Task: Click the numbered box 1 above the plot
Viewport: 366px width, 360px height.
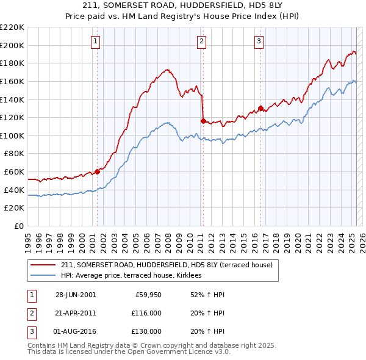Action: tap(96, 41)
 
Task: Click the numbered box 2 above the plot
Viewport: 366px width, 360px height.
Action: tap(201, 41)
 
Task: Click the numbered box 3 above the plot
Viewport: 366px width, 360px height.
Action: tap(259, 41)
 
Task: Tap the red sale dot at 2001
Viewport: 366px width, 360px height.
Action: tap(98, 171)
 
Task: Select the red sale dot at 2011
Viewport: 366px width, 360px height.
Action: tap(203, 121)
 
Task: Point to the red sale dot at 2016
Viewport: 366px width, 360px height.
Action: tap(260, 109)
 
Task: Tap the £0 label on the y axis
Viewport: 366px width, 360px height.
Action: tap(20, 226)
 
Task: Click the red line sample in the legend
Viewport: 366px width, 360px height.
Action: tap(43, 265)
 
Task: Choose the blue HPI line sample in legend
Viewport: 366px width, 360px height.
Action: tap(43, 276)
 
